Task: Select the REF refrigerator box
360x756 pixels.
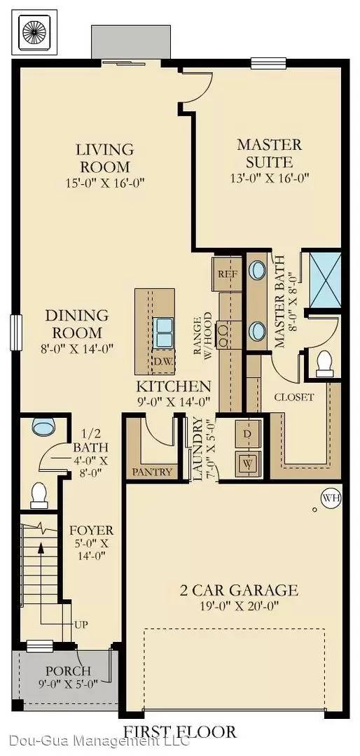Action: (x=228, y=273)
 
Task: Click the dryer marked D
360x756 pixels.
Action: (x=247, y=434)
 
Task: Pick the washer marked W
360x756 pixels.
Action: (x=247, y=463)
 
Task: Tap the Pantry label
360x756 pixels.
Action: (x=151, y=472)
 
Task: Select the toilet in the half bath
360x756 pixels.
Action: (x=40, y=496)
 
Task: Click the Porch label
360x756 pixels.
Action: (x=68, y=671)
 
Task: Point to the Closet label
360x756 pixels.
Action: (x=294, y=397)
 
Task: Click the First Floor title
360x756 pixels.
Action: (x=180, y=732)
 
